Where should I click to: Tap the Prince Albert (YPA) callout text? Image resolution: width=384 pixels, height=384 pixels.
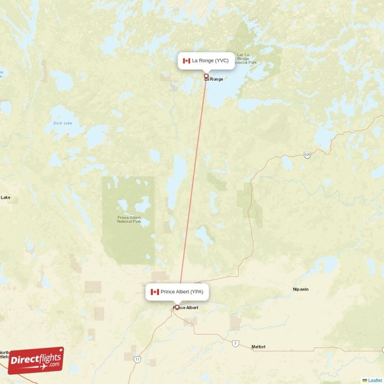coord(182,291)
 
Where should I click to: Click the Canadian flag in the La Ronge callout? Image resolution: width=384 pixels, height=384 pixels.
coord(187,60)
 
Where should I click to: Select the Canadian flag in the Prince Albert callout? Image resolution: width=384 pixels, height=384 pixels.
coord(155,291)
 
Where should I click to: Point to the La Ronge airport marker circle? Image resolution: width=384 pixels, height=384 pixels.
coord(206,76)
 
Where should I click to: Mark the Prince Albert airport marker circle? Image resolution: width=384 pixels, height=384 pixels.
coord(177,307)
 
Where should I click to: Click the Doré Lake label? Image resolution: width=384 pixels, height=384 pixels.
coord(58,123)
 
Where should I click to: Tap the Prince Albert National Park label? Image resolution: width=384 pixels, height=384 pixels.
coord(130,219)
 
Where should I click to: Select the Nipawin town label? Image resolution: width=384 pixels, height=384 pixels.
coord(302,289)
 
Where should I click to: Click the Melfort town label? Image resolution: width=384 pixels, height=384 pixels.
coord(259,347)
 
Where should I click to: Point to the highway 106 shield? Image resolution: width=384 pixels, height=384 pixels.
coord(307,155)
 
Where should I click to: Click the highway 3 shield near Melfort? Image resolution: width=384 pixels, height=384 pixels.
coord(235,343)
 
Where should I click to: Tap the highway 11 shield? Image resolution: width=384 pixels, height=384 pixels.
coord(137,359)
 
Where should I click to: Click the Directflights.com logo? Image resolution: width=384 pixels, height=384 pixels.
coord(36,360)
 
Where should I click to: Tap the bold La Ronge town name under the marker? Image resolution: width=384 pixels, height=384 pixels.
coord(215,79)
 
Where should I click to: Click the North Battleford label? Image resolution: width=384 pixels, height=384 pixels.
coord(4,355)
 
